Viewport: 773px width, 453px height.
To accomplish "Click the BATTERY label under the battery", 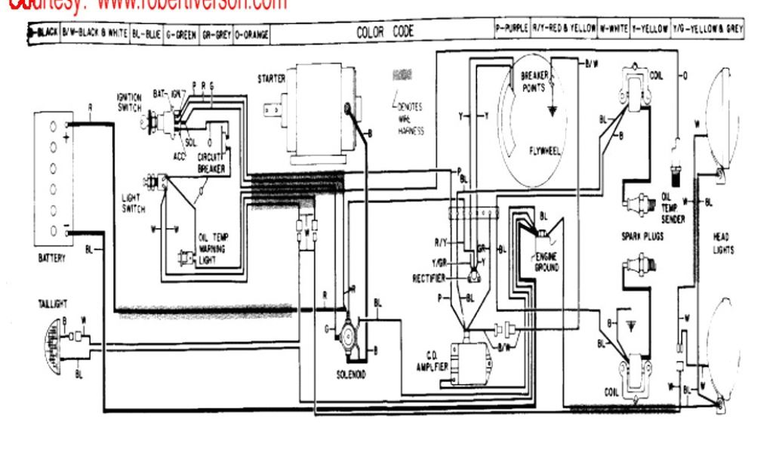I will click(52, 258).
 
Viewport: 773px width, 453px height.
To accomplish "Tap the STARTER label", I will click(271, 78).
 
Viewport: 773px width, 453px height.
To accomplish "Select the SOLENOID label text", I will click(352, 374).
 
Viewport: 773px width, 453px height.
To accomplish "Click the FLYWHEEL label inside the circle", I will click(546, 150).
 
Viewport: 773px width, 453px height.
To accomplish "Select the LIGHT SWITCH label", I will click(133, 203).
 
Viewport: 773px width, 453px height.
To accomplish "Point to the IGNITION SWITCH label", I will click(128, 103).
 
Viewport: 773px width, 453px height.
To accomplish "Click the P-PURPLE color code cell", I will click(511, 29).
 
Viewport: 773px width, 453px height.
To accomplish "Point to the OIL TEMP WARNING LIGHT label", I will click(214, 247).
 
